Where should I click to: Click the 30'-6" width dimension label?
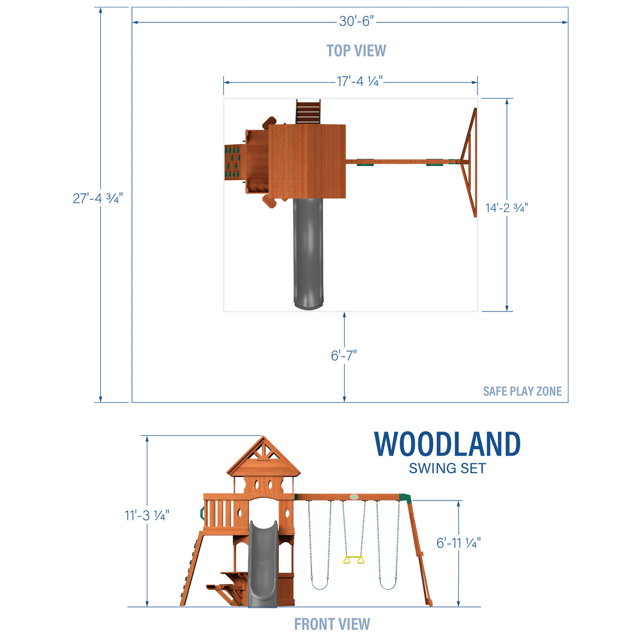(356, 21)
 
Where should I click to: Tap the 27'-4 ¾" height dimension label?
(98, 198)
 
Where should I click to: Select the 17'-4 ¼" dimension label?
(359, 81)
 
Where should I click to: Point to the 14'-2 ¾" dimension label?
(506, 208)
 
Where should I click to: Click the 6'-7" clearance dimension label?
(343, 355)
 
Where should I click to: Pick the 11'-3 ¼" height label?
(147, 515)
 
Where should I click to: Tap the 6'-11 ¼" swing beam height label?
(458, 543)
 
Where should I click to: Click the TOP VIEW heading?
(356, 51)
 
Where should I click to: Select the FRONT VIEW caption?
(332, 624)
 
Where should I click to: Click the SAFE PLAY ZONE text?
(522, 392)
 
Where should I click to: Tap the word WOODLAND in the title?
(447, 444)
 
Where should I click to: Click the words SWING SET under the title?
(447, 468)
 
